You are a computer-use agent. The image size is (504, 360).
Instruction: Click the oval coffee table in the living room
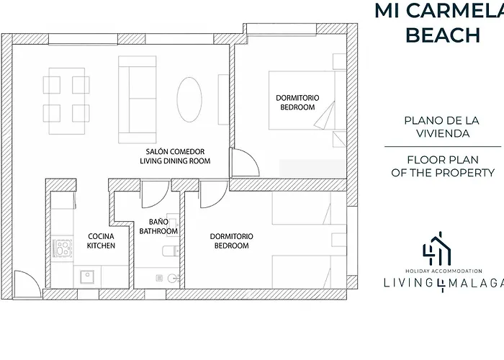point(189,99)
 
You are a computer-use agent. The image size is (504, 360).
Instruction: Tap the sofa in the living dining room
point(138,99)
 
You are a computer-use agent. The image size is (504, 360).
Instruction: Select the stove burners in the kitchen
point(63,248)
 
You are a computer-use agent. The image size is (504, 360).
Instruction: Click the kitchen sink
point(87,276)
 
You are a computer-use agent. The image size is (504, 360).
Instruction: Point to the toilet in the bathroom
point(171,251)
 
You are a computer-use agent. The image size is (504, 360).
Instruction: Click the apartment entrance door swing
point(27,284)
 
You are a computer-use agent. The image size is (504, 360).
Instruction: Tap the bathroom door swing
point(155,194)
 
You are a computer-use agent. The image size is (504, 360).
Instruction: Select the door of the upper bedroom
point(246,162)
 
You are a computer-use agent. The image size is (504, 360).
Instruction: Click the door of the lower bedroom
point(214,194)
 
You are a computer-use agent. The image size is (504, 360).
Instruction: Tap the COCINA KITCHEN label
point(101,240)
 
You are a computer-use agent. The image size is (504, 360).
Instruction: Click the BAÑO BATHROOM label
point(158,226)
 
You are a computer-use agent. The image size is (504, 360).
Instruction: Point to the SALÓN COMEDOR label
point(175,151)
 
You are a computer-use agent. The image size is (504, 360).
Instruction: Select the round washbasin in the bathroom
point(173,278)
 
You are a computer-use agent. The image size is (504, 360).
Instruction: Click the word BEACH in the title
point(444,35)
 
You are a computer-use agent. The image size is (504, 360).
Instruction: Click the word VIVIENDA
point(443,133)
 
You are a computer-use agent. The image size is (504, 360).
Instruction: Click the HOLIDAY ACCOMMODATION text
point(444,271)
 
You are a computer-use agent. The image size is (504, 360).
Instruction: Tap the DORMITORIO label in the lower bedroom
point(231,236)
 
